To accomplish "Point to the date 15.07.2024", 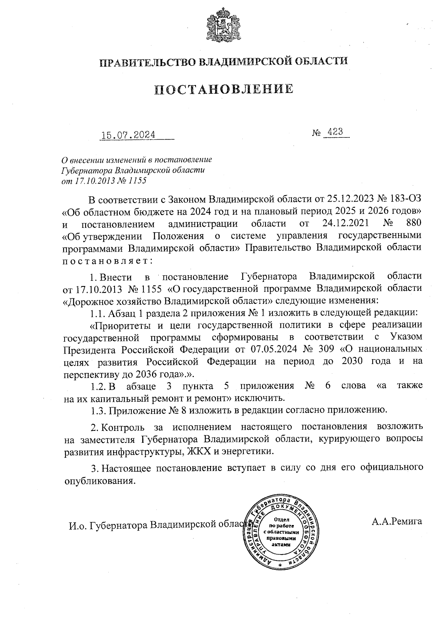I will coord(128,135).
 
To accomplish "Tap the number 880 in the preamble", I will coord(413,223).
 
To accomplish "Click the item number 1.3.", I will coord(98,411).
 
